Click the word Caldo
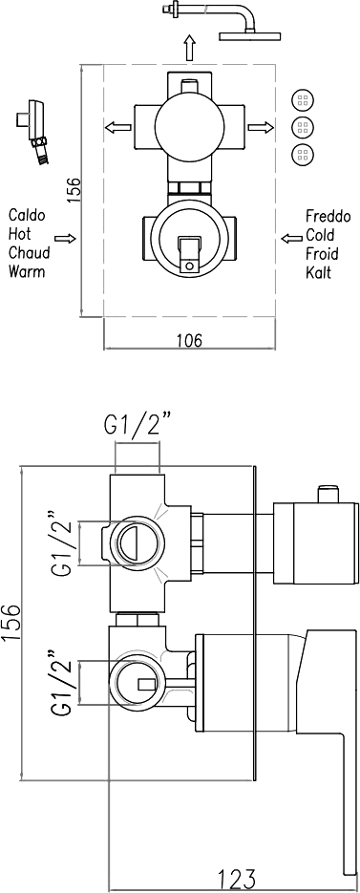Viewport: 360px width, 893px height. coord(27,215)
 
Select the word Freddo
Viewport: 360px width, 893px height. coord(328,217)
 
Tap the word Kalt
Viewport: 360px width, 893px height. coord(319,271)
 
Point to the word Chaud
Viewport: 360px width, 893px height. coord(29,252)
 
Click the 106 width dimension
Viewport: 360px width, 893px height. coord(189,341)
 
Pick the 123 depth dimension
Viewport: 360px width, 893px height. coord(236,880)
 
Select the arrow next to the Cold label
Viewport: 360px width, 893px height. coord(291,237)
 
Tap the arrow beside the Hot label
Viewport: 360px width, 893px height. coord(65,238)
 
